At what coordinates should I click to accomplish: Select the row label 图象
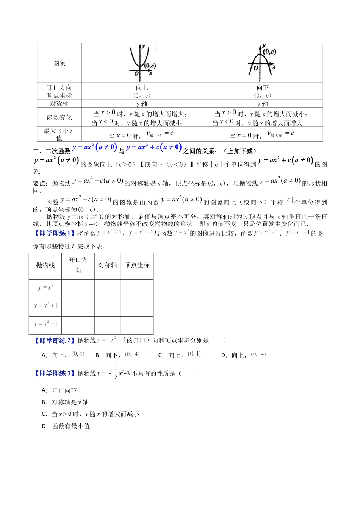59,63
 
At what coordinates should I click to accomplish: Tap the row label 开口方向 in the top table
59,87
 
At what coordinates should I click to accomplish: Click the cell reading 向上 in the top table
142,87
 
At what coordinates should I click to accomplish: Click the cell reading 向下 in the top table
262,87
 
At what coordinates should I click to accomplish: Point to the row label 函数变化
59,117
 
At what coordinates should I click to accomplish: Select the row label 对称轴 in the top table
59,104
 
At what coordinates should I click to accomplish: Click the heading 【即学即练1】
55,233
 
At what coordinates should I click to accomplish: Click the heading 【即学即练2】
55,341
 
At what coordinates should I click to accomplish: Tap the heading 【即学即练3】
55,374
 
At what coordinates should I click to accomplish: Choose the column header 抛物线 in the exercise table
45,265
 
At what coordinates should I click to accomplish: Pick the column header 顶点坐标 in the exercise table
137,265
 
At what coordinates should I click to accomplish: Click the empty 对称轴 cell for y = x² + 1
107,306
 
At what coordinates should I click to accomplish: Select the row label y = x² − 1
45,324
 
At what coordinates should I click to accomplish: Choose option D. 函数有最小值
66,426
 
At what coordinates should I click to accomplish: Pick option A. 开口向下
59,390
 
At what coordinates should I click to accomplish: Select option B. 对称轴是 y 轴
65,402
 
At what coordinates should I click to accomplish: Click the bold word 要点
40,184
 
